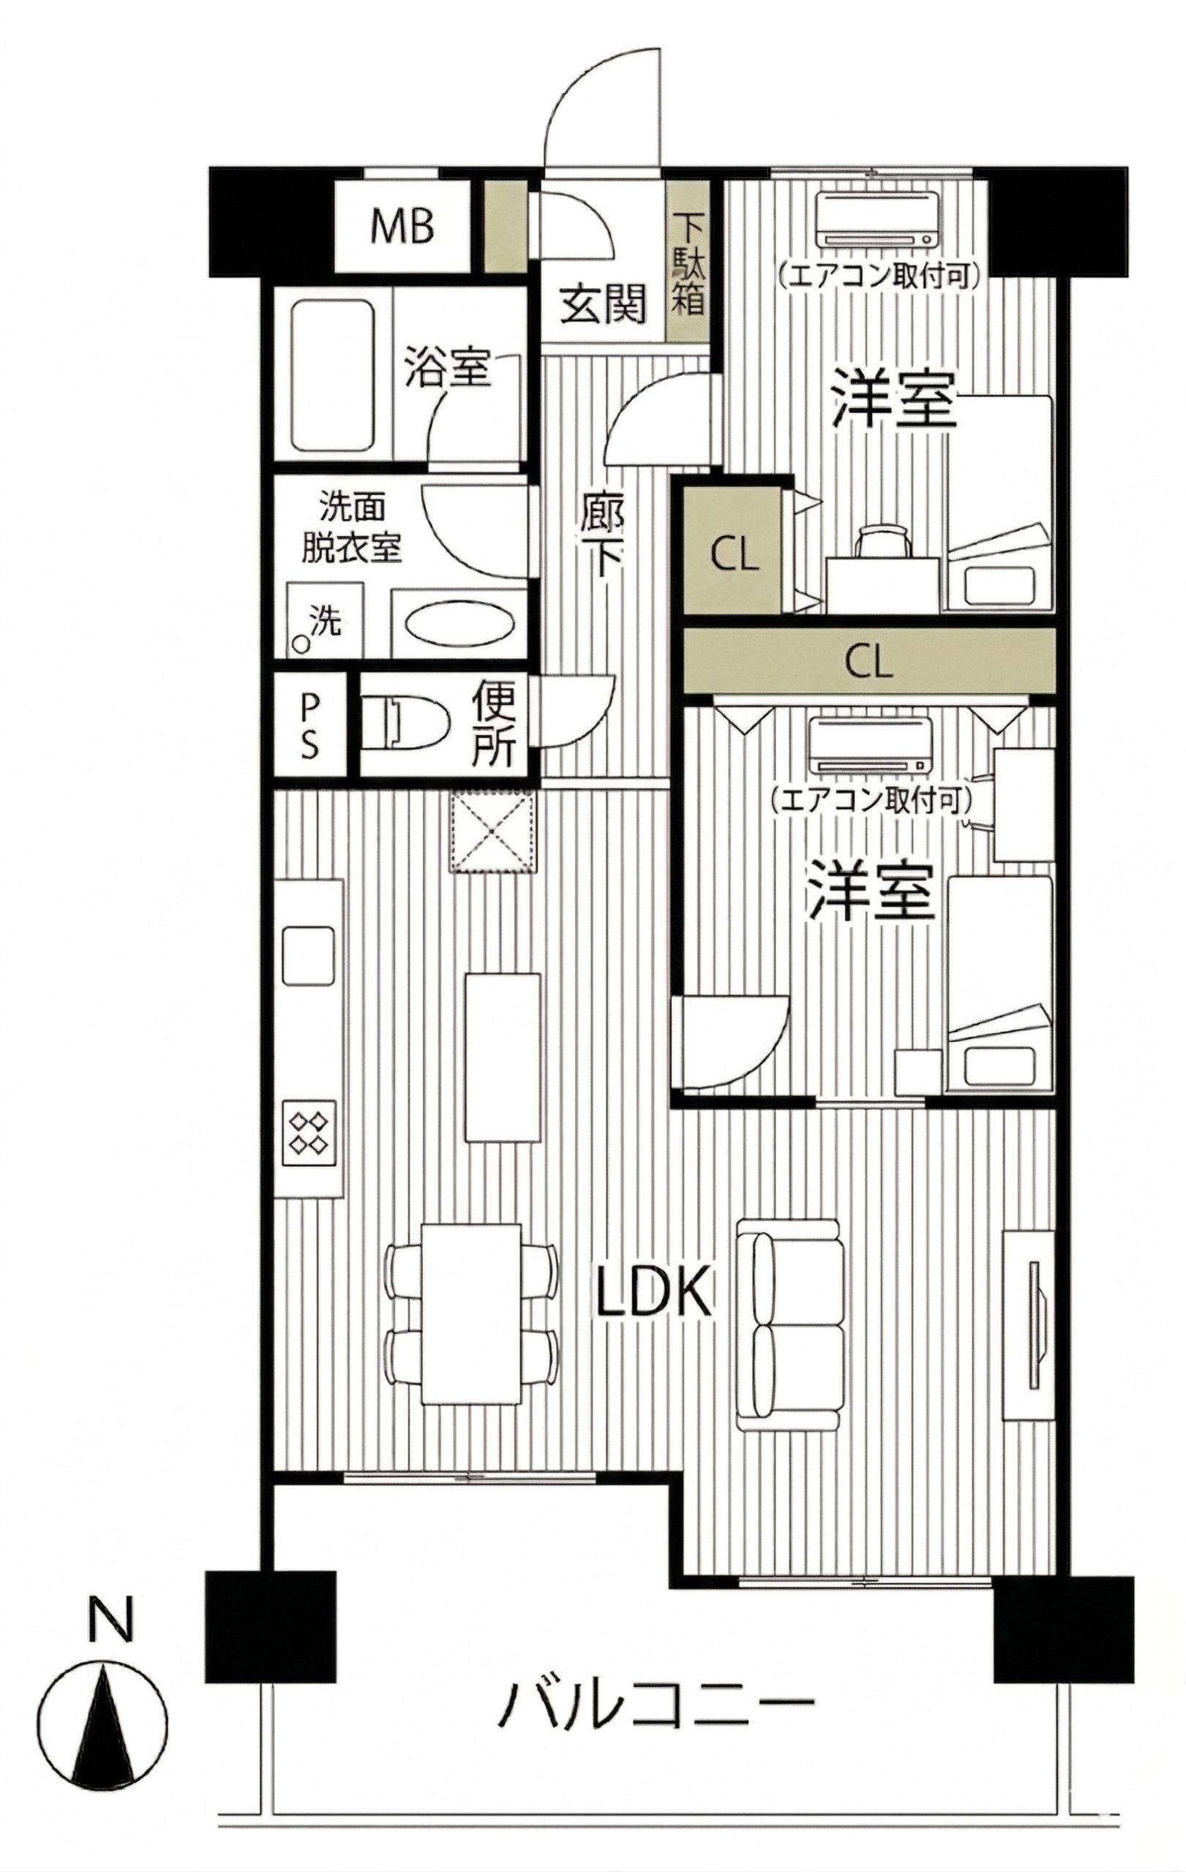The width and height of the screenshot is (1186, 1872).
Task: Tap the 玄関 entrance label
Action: click(604, 304)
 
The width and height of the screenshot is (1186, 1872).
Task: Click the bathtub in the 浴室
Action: click(332, 375)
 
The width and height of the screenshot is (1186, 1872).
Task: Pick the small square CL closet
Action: click(733, 545)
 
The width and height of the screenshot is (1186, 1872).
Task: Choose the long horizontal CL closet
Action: click(869, 663)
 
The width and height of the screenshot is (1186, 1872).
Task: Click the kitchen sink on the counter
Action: click(308, 957)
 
